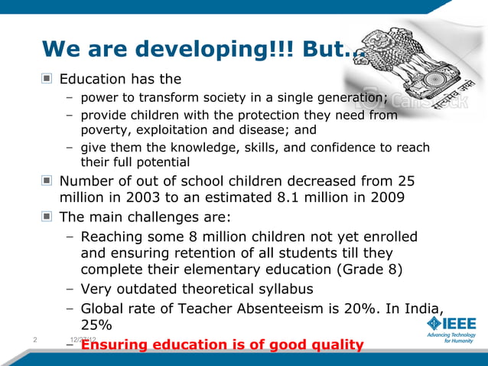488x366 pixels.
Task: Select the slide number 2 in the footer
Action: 36,338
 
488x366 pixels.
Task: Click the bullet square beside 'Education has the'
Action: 47,79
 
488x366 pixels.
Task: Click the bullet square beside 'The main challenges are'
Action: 47,217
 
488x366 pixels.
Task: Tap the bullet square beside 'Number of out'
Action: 47,181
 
